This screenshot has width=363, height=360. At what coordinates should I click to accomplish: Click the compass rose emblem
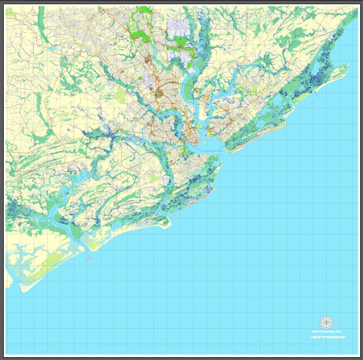[x=325, y=323]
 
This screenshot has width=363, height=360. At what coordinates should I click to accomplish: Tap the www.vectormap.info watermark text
[x=326, y=332]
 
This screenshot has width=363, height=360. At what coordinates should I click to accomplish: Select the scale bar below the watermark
[x=328, y=337]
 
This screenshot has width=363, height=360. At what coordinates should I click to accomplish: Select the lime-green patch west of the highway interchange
[x=121, y=97]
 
